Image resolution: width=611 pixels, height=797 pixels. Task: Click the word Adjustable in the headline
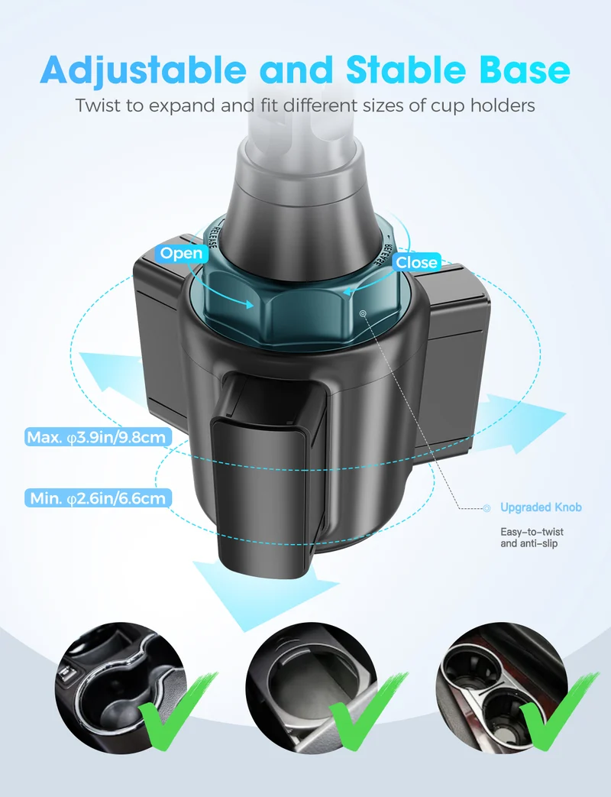pos(143,69)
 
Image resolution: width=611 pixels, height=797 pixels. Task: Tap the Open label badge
pos(181,253)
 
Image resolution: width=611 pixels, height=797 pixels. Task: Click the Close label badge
pos(416,262)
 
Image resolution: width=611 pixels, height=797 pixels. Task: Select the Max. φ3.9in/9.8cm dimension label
pos(96,437)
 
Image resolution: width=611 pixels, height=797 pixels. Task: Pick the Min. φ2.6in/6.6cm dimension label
pos(98,498)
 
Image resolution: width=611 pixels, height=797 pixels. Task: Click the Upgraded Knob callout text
pos(541,507)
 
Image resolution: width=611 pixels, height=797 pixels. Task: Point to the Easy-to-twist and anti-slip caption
pos(532,538)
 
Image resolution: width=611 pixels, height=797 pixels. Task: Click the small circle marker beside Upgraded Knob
pos(487,508)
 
